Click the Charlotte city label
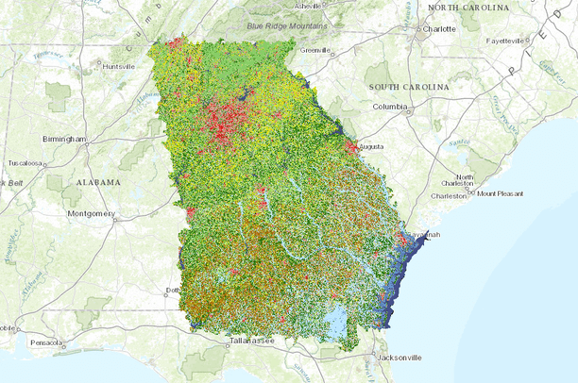[439, 29]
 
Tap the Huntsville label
[119, 67]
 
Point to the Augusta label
[373, 148]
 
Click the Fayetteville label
[505, 42]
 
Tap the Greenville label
[313, 50]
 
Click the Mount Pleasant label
[500, 194]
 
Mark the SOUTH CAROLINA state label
[408, 87]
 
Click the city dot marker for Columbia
[407, 108]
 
